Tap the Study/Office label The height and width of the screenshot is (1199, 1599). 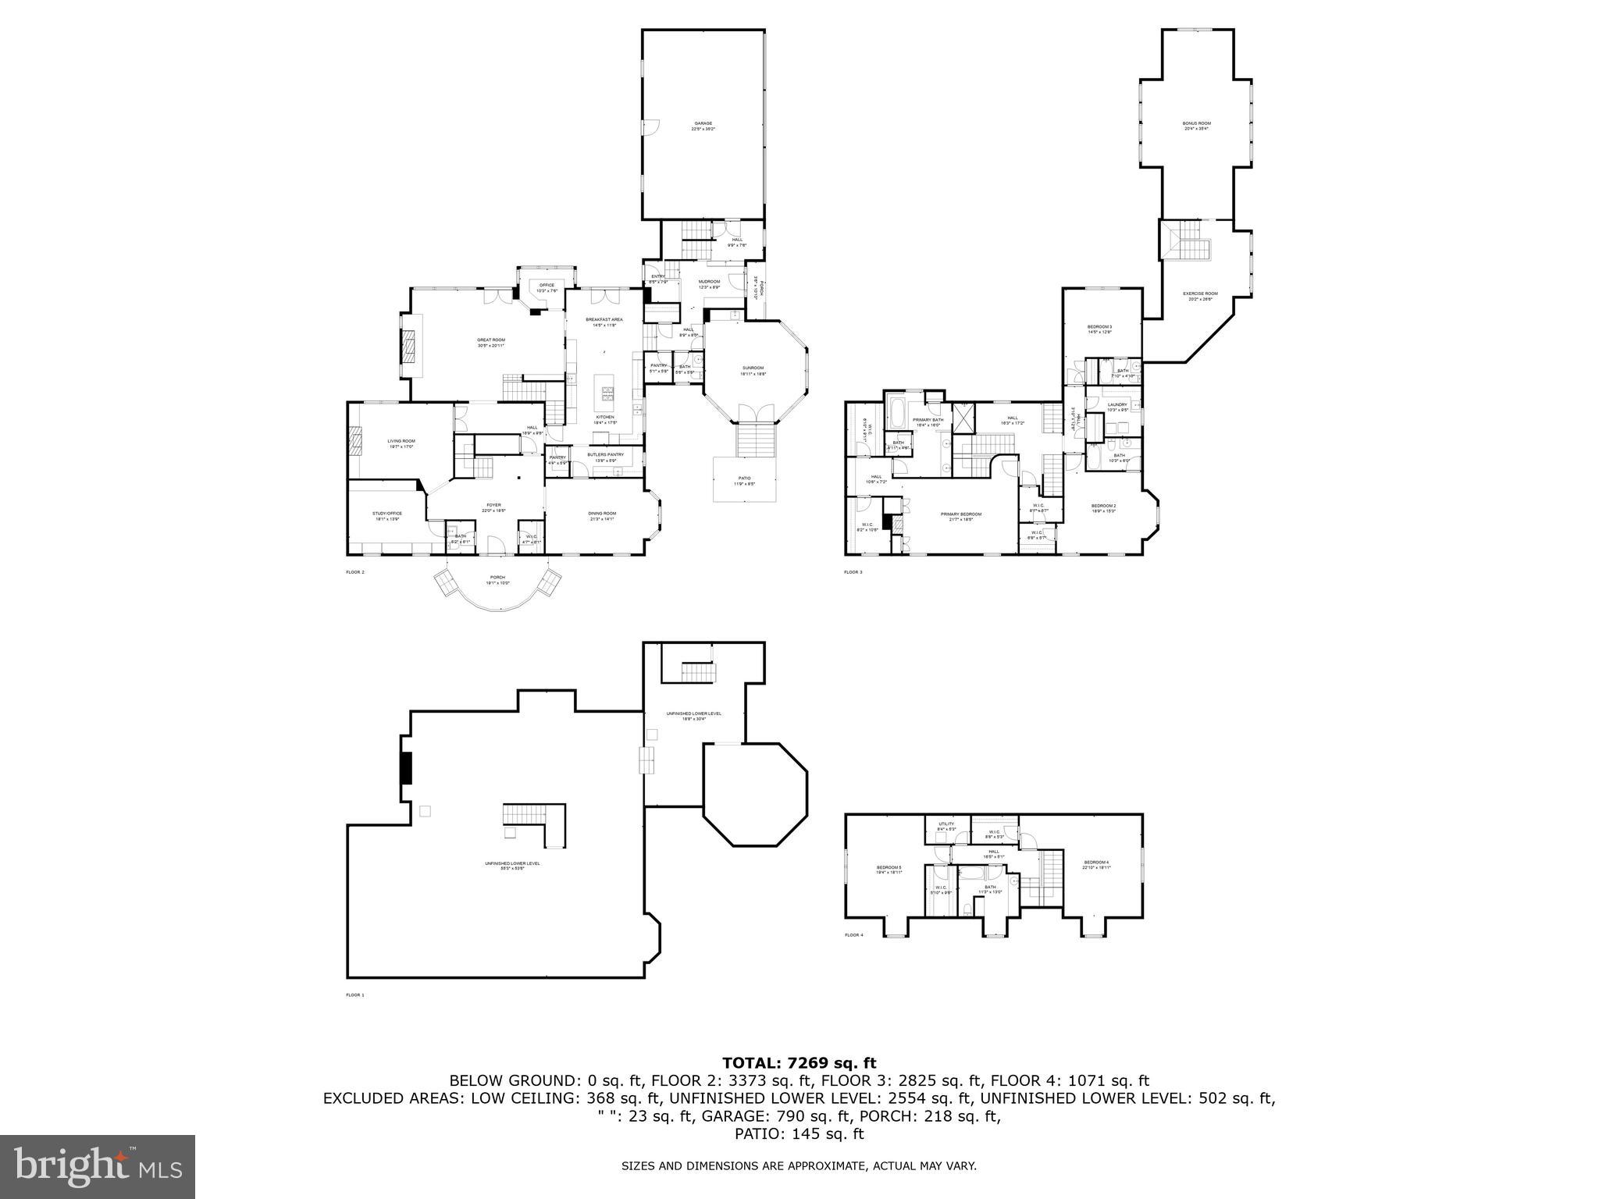[x=387, y=515]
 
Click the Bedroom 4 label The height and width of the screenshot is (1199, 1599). [x=1095, y=864]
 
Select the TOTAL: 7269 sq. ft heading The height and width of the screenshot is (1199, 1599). [x=799, y=1062]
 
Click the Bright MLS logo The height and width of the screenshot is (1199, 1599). [x=97, y=1166]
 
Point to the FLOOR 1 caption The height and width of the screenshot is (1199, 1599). [x=355, y=995]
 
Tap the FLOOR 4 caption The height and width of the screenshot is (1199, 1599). [x=853, y=935]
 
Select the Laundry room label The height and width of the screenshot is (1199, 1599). [x=1117, y=406]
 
